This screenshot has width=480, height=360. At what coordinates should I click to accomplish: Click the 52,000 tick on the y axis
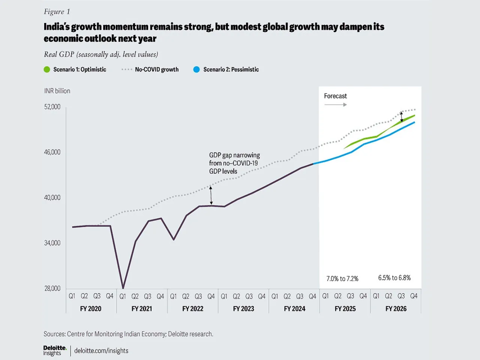[x=52, y=107]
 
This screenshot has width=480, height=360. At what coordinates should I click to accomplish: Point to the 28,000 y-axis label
[x=52, y=288]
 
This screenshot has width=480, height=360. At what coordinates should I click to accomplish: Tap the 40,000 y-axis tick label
[x=52, y=198]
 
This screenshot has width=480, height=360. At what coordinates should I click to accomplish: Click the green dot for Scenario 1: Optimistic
[x=47, y=69]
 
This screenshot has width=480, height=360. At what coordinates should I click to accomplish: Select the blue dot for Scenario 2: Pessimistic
[x=196, y=69]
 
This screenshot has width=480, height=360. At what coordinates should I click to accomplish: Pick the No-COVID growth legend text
[x=157, y=69]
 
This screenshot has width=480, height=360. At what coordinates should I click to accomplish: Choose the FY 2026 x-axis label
[x=396, y=309]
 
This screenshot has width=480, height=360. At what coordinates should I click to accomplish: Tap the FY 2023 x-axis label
[x=243, y=309]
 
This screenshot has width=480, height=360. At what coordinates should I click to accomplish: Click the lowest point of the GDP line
[x=123, y=288]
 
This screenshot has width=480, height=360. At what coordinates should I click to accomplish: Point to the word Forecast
[x=335, y=96]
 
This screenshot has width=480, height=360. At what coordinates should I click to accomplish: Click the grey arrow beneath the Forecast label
[x=335, y=105]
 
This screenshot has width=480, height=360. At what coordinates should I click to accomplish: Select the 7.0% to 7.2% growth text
[x=342, y=279]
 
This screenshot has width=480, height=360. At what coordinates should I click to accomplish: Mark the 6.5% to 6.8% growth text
[x=394, y=278]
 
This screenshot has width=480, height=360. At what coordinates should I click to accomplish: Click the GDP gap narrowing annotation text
[x=234, y=163]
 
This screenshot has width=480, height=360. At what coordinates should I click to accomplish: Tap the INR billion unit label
[x=57, y=91]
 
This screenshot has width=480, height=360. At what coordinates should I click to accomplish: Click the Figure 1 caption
[x=57, y=12]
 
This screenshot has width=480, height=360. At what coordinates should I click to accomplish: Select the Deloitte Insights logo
[x=55, y=351]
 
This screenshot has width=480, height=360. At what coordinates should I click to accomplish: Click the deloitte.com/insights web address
[x=101, y=351]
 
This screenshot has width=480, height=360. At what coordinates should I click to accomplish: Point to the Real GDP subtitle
[x=101, y=54]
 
